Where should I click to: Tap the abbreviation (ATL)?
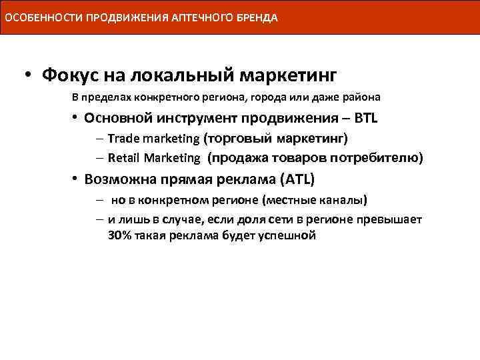click(x=296, y=180)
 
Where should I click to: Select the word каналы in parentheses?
click(x=345, y=201)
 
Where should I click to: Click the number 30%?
click(x=120, y=235)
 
